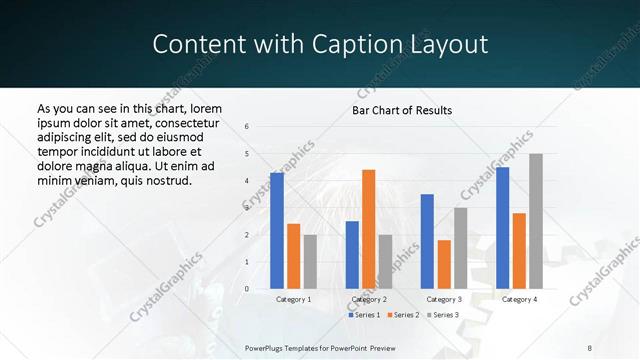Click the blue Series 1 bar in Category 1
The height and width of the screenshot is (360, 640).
(x=277, y=231)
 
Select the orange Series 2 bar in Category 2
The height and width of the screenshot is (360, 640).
(x=368, y=229)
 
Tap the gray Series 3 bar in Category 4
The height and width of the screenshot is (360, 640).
(x=536, y=221)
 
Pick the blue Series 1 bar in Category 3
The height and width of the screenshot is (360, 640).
(x=427, y=241)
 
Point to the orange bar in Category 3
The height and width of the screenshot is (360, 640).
(x=444, y=264)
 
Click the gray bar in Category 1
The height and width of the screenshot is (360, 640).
(x=310, y=262)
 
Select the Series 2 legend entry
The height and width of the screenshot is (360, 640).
(x=403, y=315)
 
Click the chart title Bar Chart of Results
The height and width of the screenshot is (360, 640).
(x=402, y=110)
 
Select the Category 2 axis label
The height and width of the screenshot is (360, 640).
(x=369, y=299)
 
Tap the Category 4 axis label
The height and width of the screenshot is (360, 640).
(x=519, y=299)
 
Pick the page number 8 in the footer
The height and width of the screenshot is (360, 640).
(x=590, y=347)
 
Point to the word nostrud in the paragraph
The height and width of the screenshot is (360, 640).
(x=167, y=180)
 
